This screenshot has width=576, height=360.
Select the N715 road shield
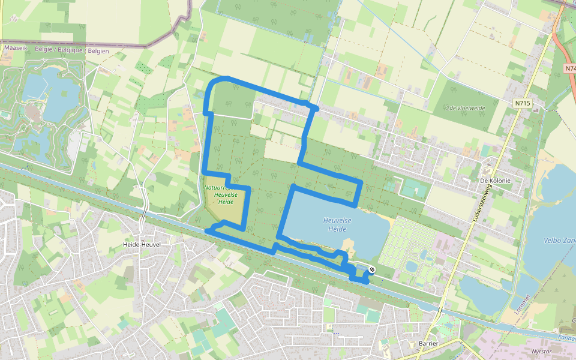[x=523, y=103]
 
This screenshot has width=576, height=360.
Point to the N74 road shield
[x=570, y=68]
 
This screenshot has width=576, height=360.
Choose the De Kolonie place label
[x=495, y=180]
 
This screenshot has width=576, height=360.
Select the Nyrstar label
[x=542, y=351]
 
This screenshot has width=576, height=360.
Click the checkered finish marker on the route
[x=372, y=270]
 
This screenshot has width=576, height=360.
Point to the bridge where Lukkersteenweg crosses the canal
[x=440, y=310]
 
